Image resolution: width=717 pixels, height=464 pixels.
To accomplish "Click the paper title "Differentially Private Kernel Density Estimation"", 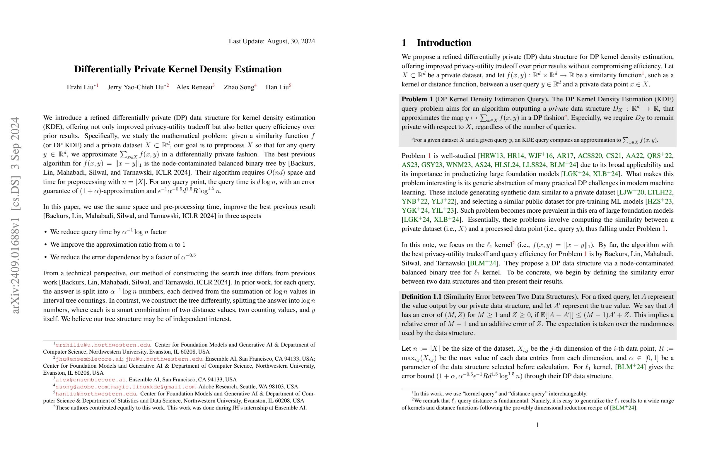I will (x=178, y=69).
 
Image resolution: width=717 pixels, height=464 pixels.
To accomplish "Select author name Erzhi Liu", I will (x=80, y=87).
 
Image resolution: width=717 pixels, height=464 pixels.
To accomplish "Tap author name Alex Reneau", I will (x=194, y=87).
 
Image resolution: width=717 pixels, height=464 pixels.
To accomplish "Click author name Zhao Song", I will (x=239, y=87).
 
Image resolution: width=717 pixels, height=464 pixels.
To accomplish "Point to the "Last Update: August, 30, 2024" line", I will (x=272, y=41).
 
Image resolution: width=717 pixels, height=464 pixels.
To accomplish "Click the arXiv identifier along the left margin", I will (x=15, y=215).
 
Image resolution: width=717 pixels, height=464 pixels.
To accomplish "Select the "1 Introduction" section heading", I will (x=436, y=43).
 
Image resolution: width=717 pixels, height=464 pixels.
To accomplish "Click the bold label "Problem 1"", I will (x=417, y=99).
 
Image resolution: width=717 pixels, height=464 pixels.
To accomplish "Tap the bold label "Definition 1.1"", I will (x=421, y=297).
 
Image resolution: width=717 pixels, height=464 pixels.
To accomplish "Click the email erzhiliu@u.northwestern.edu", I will (x=103, y=345).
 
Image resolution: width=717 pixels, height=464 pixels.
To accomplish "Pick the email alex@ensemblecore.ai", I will (x=91, y=380).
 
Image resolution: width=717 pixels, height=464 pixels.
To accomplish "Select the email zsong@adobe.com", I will (x=82, y=387).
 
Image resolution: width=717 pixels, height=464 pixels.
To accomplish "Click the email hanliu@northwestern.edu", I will (x=96, y=394).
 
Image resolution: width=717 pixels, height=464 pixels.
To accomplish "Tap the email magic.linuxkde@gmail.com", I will (x=153, y=387).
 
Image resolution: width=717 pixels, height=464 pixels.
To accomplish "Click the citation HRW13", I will (x=491, y=156).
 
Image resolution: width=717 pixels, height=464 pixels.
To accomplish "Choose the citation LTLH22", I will (x=660, y=192).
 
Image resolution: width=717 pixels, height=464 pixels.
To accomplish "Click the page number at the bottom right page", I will (x=537, y=425).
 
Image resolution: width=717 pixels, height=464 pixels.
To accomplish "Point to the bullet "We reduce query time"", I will (x=108, y=232).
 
